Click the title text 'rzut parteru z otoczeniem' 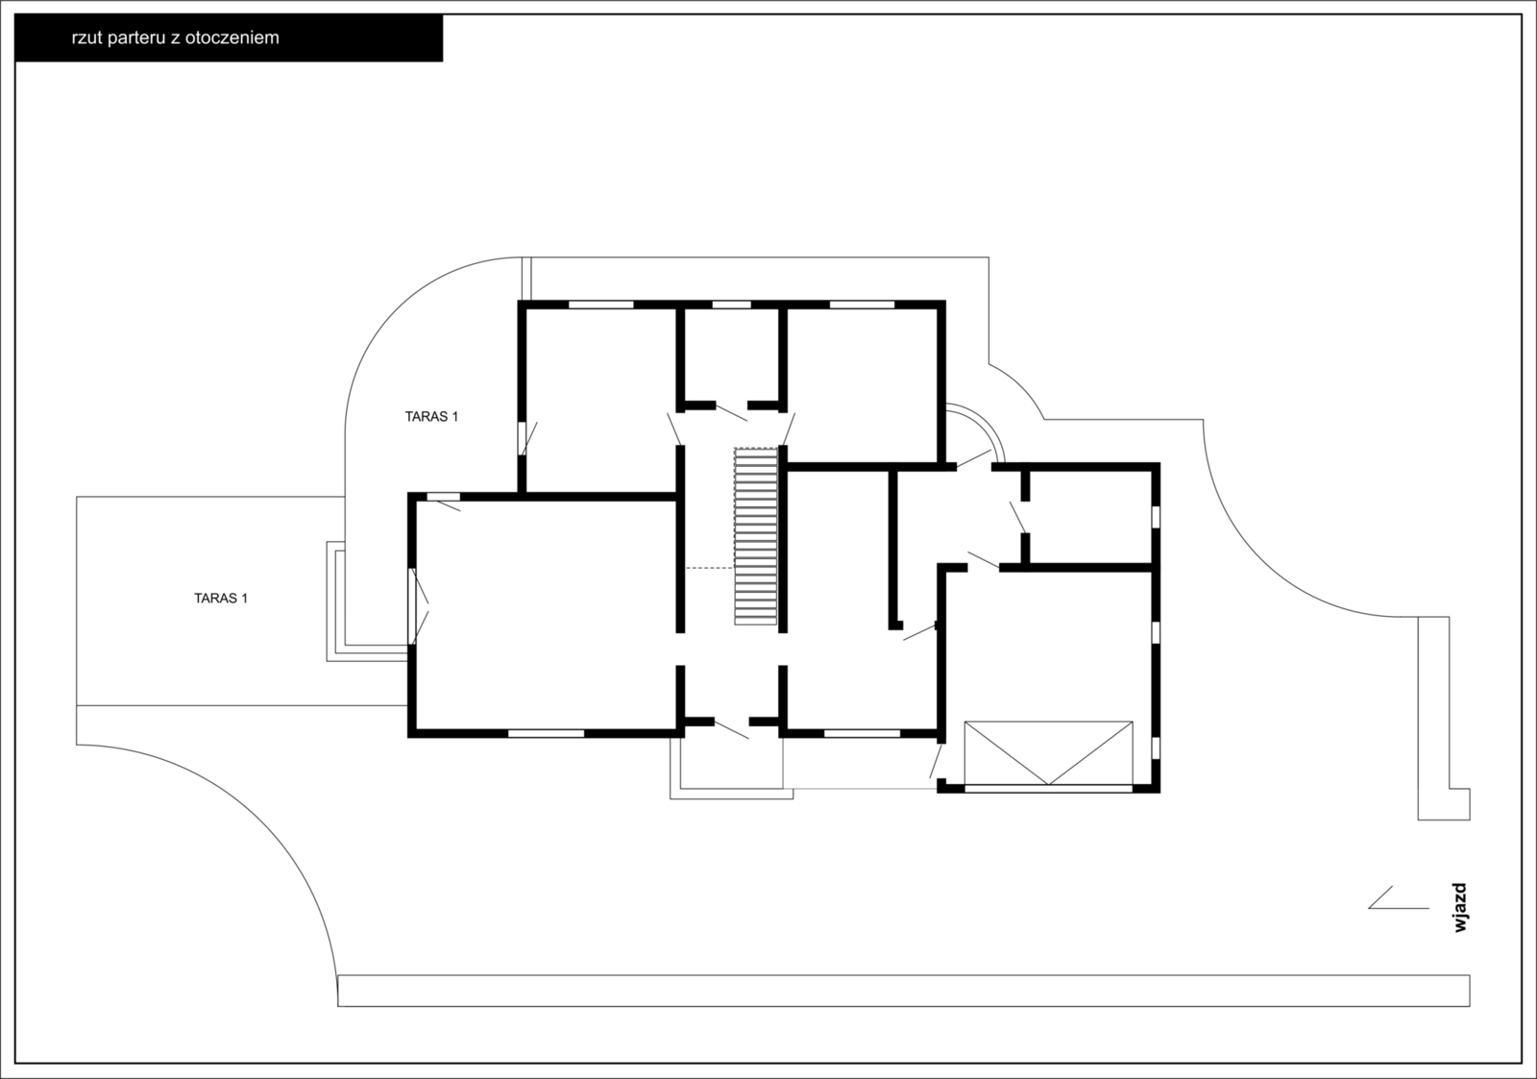(175, 37)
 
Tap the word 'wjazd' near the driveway (1459, 907)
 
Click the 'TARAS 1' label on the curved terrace (431, 417)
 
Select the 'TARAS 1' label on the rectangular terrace (221, 598)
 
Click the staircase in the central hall (755, 536)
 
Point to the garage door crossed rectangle (1048, 753)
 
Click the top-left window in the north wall (601, 304)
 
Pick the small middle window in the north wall (731, 304)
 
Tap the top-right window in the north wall (863, 304)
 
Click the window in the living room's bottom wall (547, 733)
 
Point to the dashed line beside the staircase (710, 568)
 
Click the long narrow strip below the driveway (904, 991)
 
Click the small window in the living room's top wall (443, 496)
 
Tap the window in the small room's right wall (1156, 517)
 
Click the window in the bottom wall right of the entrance (862, 733)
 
